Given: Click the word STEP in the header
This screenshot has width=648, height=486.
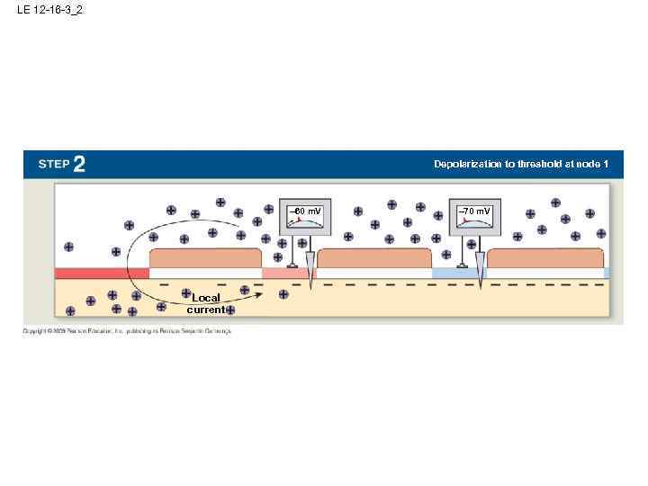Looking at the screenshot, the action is point(53,165).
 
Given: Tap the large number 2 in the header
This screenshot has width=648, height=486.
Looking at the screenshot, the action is point(79,164).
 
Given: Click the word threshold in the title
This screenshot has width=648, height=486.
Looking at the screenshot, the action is point(543,164).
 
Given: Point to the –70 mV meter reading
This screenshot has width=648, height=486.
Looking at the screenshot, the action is point(474,211).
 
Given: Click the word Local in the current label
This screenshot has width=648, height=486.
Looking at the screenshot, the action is point(205,298).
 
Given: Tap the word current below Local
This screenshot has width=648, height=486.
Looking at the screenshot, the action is point(205,310).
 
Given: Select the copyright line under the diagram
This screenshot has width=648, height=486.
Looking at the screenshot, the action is point(127,331).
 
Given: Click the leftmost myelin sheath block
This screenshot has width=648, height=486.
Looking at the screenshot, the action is point(204,257).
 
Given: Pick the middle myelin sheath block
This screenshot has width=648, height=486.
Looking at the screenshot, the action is point(374,257).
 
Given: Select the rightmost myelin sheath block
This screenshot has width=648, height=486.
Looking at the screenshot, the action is point(544,257).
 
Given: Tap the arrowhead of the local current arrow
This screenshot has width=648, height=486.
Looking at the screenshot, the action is point(259,292).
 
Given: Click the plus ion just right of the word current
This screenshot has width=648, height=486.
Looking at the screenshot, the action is point(230,310).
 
